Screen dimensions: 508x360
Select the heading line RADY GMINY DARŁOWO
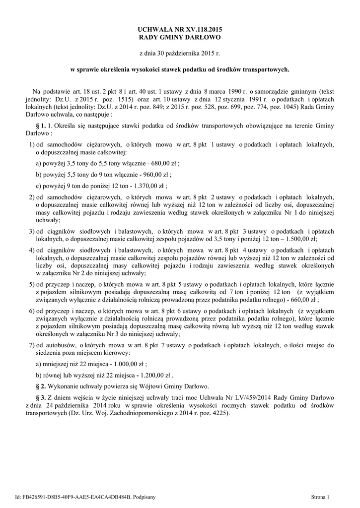coord(180,38)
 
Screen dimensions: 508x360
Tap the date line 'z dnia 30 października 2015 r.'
coord(180,52)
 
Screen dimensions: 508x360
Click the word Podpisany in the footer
coord(144,496)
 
